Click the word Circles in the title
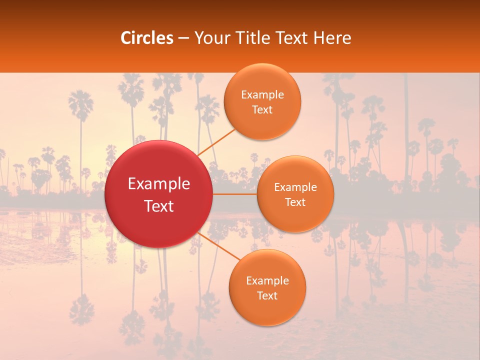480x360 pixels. coord(147,38)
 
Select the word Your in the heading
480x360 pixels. coord(211,38)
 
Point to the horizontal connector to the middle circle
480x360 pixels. coord(234,194)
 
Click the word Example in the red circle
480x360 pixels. coord(159,184)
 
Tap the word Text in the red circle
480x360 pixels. coord(159,206)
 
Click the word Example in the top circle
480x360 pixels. coord(262,95)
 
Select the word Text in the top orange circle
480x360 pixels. coord(262,109)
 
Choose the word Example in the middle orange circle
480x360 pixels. coord(295,187)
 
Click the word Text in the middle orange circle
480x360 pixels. coord(295,202)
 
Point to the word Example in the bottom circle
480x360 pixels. coord(267,281)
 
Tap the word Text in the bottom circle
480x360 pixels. coord(267,295)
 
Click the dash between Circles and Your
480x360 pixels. coord(183,38)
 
